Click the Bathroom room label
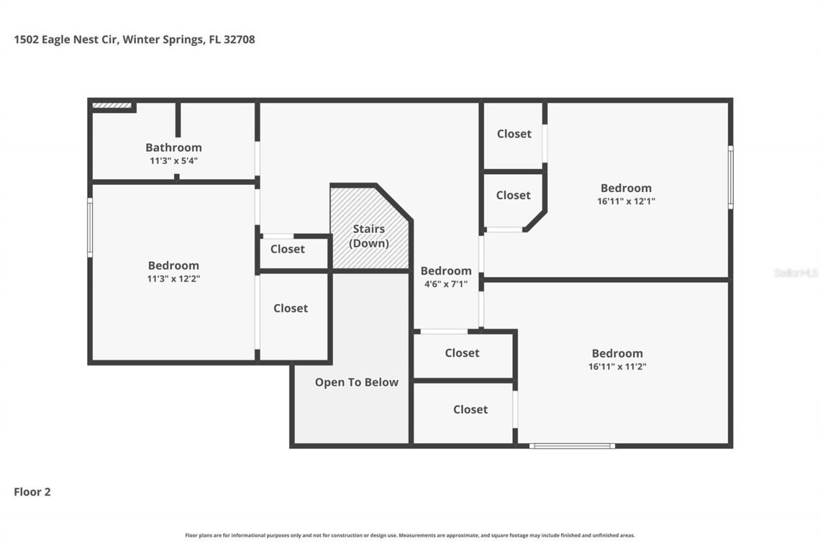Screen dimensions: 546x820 tap(173, 147)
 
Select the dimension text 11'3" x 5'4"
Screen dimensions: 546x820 tap(173, 161)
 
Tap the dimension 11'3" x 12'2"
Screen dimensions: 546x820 tap(173, 279)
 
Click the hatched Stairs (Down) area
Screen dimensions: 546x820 tap(368, 230)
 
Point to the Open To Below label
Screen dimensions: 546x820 tap(356, 382)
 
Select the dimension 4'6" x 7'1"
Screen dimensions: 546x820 tap(445, 284)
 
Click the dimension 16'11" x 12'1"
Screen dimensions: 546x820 tap(626, 201)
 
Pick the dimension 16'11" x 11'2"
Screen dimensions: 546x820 tap(617, 367)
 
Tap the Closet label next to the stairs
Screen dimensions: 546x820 tap(288, 249)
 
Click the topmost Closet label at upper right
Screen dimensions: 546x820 tap(514, 134)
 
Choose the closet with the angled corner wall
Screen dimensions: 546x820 tap(513, 195)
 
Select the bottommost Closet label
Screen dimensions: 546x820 tap(470, 410)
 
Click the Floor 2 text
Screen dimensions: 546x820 tap(32, 492)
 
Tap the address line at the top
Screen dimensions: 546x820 tap(135, 40)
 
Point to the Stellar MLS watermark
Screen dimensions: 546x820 tap(796, 273)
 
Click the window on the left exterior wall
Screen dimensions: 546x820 tap(90, 227)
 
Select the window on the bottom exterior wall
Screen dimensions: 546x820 tap(572, 446)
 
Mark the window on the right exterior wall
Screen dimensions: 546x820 tap(730, 177)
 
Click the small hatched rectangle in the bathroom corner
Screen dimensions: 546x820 tap(112, 106)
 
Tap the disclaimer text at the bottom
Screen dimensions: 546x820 tap(410, 535)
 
